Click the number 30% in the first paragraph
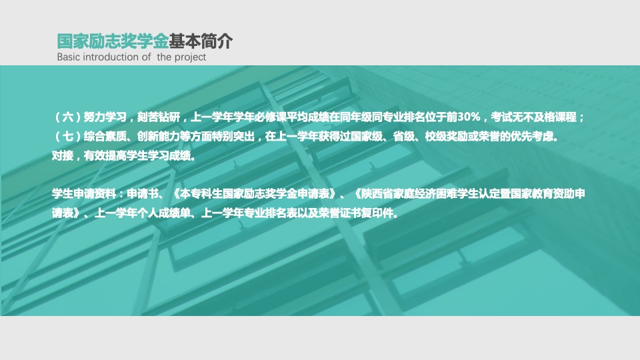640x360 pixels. [469, 117]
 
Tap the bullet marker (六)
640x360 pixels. [68, 117]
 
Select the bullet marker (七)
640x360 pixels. [68, 136]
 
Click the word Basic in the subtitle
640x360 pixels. [68, 57]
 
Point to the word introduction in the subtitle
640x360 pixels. [111, 57]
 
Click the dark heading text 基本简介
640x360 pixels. [201, 41]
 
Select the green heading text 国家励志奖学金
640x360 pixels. [113, 41]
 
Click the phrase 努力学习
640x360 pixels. [105, 117]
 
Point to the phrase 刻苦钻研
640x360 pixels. [159, 117]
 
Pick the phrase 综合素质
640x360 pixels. [105, 136]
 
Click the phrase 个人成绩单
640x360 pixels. [163, 213]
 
